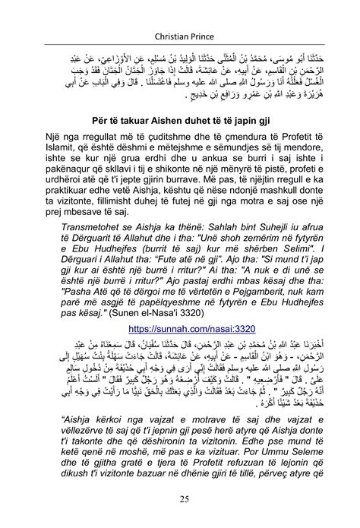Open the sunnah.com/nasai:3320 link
[179, 330]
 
